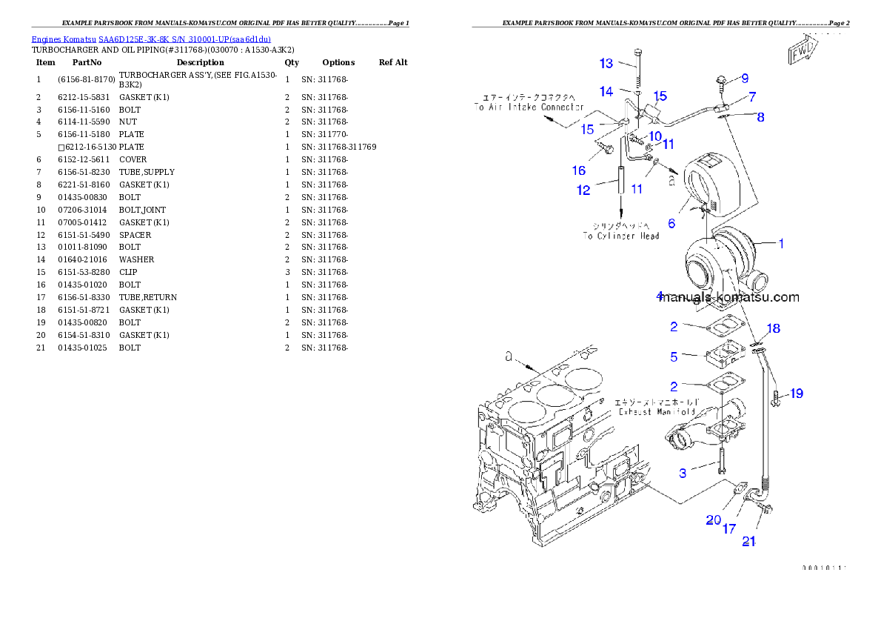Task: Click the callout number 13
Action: coord(606,63)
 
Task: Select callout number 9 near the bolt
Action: coord(744,78)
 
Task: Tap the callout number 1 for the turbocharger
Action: coord(780,242)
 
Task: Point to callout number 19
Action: coord(796,394)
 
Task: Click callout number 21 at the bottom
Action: coord(749,542)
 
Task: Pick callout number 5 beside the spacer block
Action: coord(674,356)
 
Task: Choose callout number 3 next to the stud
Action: coord(683,472)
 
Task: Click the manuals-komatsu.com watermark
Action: coord(728,298)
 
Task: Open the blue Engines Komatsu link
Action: coord(151,39)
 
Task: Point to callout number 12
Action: coord(583,190)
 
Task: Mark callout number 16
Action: coord(578,170)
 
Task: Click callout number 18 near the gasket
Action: coord(773,328)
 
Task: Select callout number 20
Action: coord(713,520)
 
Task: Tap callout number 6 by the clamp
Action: coord(671,223)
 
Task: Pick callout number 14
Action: coord(606,91)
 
